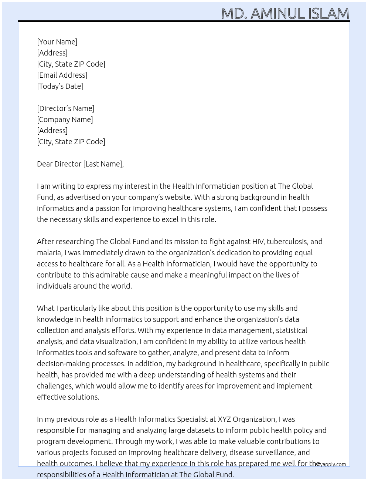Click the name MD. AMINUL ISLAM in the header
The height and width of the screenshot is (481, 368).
tap(285, 13)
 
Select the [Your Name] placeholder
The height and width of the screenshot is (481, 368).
tap(57, 42)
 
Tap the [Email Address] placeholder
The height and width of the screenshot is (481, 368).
tap(62, 75)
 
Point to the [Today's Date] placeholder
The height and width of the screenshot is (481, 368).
tap(60, 86)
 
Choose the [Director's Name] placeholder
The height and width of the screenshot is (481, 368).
tap(65, 108)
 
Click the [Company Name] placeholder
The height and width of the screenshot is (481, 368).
tap(65, 120)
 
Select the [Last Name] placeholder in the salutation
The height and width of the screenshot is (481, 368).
tap(103, 164)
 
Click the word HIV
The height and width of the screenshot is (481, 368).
tap(258, 242)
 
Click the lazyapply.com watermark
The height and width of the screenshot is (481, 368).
tap(330, 464)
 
